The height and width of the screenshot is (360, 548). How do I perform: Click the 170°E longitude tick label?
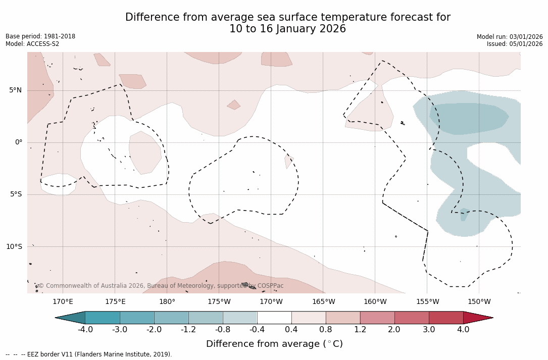[63, 302]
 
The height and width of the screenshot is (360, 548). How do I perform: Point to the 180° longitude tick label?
[167, 302]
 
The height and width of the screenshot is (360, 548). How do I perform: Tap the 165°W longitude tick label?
[323, 302]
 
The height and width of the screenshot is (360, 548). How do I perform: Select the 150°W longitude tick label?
[479, 302]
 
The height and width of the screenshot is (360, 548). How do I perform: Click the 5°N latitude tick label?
[15, 90]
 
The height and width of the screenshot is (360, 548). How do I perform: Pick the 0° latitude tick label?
[18, 142]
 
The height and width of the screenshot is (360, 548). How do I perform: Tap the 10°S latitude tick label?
[14, 247]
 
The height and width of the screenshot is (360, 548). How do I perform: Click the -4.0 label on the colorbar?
[85, 330]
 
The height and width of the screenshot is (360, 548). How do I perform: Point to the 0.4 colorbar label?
[291, 330]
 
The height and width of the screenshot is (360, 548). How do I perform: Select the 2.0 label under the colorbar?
[394, 330]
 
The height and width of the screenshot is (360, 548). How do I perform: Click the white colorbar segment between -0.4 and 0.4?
[274, 318]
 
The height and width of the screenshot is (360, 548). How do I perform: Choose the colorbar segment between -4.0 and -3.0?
[103, 318]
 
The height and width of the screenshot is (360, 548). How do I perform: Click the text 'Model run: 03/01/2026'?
[510, 37]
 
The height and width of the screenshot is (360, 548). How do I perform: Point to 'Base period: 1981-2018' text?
[40, 36]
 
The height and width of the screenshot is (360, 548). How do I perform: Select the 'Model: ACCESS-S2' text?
[32, 44]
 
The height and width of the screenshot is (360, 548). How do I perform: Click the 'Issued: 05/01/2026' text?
[515, 44]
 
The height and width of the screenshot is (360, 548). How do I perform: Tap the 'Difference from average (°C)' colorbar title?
[274, 344]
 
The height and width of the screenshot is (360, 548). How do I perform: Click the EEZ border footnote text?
[88, 354]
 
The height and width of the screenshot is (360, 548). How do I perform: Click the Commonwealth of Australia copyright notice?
[161, 286]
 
